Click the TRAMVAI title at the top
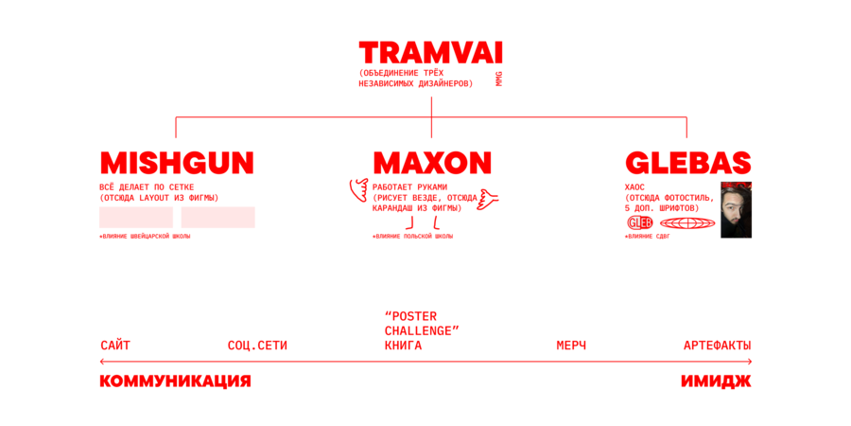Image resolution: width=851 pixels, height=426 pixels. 430,53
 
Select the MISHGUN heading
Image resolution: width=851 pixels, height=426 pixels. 177,163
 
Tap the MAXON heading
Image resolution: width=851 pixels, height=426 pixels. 432,163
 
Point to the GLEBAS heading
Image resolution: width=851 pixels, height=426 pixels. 687,163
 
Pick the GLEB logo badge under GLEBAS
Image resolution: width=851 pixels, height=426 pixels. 640,222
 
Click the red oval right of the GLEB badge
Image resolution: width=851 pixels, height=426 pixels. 687,222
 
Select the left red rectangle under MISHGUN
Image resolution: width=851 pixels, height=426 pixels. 136,218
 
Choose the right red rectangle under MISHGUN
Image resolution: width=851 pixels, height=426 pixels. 218,218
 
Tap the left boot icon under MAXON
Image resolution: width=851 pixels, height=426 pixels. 410,223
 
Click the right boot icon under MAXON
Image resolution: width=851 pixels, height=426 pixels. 436,223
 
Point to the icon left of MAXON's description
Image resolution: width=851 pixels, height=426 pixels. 358,189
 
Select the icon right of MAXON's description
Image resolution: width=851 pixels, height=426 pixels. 487,199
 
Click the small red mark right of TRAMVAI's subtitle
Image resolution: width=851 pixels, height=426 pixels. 498,79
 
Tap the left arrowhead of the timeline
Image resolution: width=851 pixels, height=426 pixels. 102,361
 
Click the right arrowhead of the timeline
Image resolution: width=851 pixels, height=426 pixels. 750,361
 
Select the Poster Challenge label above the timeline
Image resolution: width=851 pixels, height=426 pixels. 421,324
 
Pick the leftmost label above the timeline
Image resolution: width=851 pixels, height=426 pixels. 114,345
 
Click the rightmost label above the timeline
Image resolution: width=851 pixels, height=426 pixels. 717,345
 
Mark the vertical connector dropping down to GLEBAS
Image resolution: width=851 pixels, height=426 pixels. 686,129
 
